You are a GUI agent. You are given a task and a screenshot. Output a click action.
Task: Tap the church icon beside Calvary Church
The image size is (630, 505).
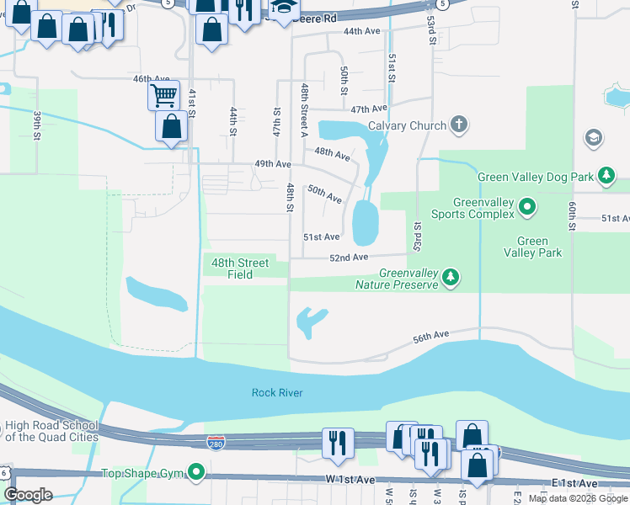[459, 125]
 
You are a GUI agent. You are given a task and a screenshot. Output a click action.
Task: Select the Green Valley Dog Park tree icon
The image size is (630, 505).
[605, 176]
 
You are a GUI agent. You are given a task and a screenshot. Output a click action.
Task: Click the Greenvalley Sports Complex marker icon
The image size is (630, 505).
[527, 205]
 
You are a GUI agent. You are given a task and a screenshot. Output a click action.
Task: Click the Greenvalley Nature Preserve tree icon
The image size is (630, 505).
[451, 277]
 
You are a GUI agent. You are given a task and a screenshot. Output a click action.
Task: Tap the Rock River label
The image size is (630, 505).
[276, 393]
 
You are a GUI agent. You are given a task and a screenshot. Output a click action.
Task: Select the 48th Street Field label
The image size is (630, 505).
[240, 268]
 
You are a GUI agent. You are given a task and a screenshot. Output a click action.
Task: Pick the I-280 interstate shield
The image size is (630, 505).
[216, 442]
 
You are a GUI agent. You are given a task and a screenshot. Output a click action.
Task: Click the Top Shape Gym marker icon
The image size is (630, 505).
[197, 472]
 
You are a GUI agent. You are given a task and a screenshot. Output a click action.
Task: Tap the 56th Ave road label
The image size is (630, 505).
[432, 337]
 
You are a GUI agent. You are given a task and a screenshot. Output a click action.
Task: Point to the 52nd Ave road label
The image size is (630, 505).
[349, 257]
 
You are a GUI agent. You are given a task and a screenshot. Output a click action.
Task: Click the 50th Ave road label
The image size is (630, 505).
[324, 194]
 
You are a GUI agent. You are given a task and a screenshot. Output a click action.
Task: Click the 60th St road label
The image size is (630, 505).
[573, 215]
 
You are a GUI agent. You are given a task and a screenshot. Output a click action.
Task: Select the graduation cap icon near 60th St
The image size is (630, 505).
[593, 137]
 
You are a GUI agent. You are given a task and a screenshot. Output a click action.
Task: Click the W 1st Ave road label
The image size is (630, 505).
[350, 480]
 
